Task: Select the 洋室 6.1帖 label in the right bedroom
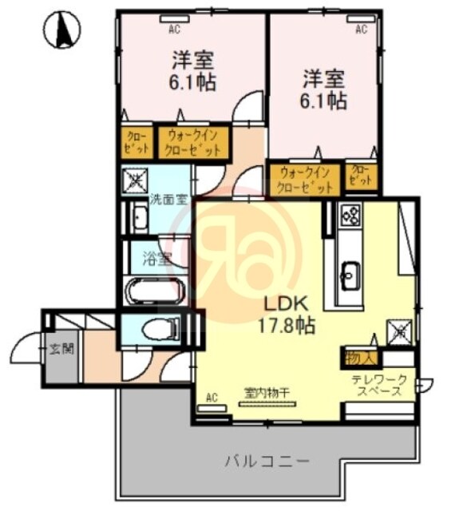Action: click(324, 89)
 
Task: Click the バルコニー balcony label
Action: click(267, 461)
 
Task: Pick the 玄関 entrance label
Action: click(58, 349)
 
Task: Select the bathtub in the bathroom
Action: click(157, 291)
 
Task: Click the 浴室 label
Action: click(157, 258)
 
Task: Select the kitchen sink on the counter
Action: click(350, 276)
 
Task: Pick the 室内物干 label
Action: click(267, 391)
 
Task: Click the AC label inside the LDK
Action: click(212, 397)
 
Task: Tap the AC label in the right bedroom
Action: click(361, 30)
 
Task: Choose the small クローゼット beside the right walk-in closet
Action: click(362, 175)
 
